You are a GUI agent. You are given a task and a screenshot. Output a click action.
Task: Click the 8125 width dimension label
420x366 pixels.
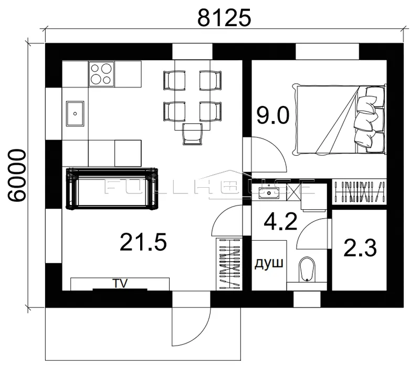(224, 18)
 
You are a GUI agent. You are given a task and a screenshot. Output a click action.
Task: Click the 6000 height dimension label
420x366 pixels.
(17, 176)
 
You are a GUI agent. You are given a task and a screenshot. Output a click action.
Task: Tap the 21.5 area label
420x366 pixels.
(143, 242)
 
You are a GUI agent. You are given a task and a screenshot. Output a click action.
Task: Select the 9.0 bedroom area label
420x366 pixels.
(273, 115)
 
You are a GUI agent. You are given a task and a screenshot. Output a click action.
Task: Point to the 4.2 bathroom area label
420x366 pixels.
(280, 221)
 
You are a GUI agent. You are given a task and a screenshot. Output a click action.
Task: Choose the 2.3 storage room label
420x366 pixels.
(360, 247)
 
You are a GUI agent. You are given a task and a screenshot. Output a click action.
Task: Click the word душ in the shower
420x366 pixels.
(269, 264)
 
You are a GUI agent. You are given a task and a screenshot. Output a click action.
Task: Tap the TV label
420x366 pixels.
(120, 283)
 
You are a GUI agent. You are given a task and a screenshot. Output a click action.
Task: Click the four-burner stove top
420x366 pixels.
(101, 74)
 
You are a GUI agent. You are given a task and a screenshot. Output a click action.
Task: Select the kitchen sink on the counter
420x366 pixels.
(75, 113)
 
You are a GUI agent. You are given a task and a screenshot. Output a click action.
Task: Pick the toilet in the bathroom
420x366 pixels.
(307, 270)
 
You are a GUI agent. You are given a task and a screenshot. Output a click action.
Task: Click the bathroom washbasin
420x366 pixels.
(269, 192)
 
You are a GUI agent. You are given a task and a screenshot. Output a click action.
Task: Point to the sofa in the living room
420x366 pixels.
(112, 188)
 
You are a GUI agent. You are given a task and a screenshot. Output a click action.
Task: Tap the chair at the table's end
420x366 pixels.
(192, 134)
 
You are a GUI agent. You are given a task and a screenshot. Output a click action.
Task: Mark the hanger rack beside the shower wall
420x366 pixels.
(229, 264)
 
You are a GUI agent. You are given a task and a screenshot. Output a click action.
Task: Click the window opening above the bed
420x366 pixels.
(327, 51)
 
